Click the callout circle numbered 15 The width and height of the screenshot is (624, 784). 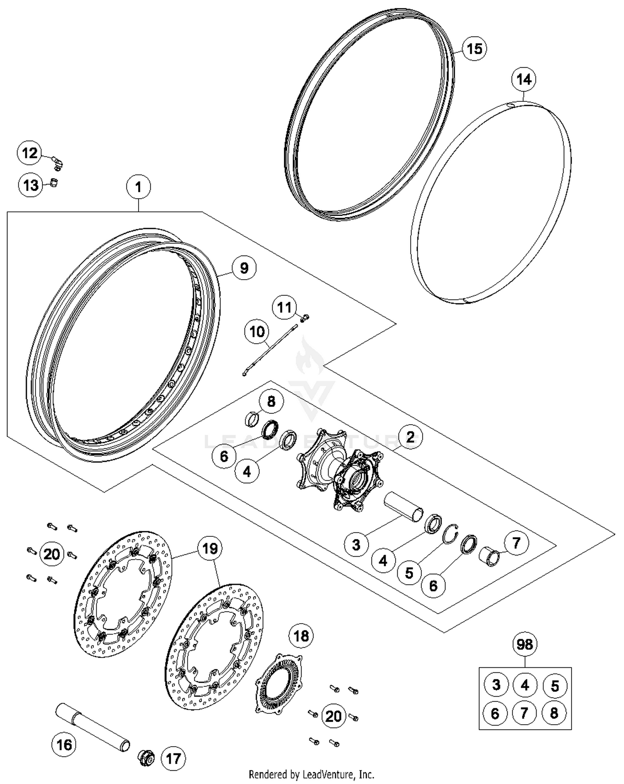point(474,49)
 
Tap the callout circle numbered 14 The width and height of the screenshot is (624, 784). point(524,79)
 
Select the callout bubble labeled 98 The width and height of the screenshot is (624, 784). point(524,644)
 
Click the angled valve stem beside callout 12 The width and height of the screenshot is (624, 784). point(57,163)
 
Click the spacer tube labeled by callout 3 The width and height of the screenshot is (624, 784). point(404,506)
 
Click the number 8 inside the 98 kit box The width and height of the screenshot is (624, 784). point(554,713)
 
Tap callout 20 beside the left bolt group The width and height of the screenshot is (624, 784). point(52,554)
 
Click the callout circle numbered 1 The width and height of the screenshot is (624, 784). point(138,187)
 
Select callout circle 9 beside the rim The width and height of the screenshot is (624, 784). point(244,268)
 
